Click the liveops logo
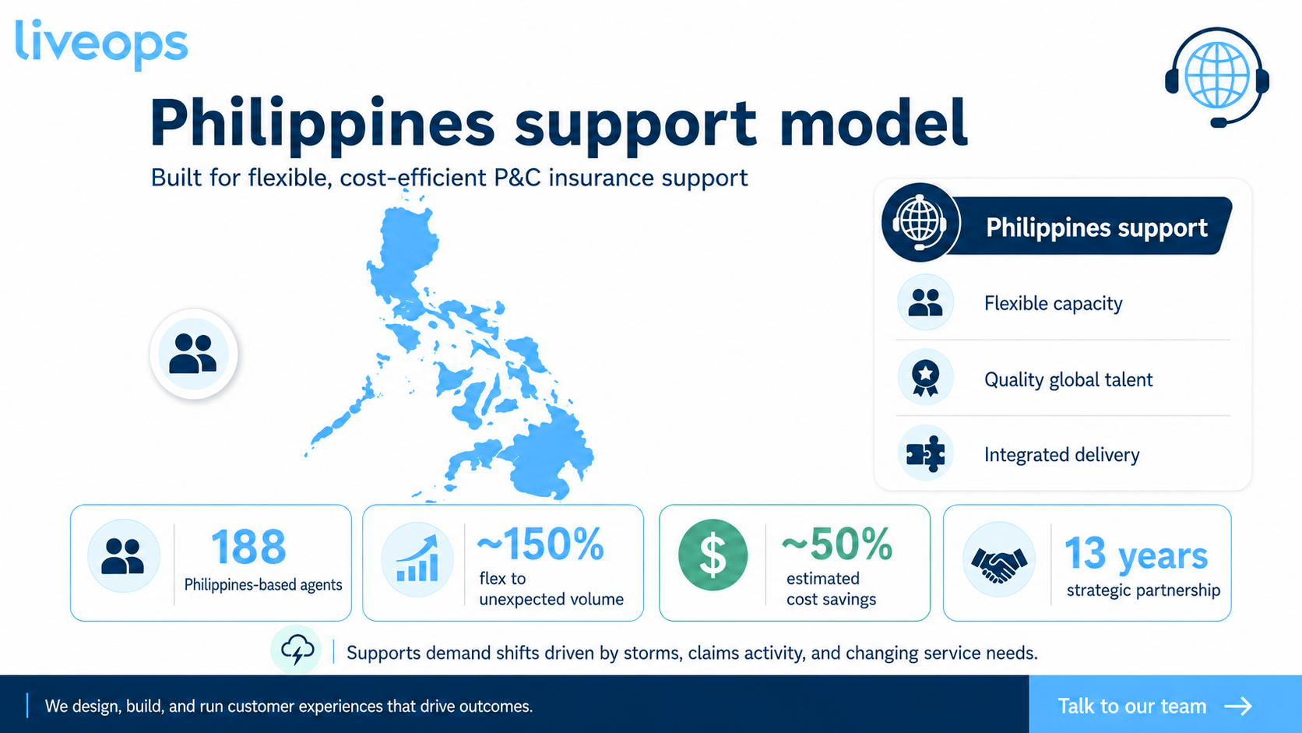(x=102, y=44)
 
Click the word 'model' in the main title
(x=873, y=123)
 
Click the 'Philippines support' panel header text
(x=1096, y=227)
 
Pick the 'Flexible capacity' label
(x=1054, y=304)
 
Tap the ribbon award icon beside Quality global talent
(x=925, y=378)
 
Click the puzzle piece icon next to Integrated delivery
(x=925, y=453)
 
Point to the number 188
(x=248, y=546)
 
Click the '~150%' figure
(x=540, y=544)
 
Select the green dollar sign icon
(x=713, y=555)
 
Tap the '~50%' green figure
(x=837, y=544)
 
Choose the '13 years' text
(x=1136, y=554)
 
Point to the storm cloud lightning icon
(x=297, y=650)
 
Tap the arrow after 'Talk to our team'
(x=1238, y=707)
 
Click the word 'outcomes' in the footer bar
(x=496, y=707)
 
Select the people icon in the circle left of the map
(x=193, y=354)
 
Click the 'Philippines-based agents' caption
(x=263, y=585)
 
